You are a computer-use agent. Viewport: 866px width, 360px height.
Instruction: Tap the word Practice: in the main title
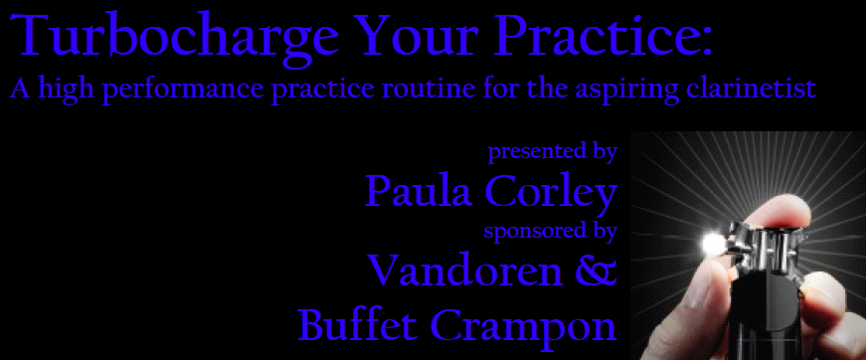click(x=602, y=35)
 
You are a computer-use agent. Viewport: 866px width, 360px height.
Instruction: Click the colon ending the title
click(x=706, y=42)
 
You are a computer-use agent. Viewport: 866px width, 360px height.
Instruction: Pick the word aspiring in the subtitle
click(x=626, y=90)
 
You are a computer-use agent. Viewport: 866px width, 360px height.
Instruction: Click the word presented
click(x=529, y=152)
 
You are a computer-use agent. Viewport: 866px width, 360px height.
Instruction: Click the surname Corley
click(x=551, y=194)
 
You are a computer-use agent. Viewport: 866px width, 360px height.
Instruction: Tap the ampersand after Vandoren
click(x=596, y=270)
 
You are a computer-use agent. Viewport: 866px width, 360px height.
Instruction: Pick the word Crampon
click(x=523, y=327)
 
